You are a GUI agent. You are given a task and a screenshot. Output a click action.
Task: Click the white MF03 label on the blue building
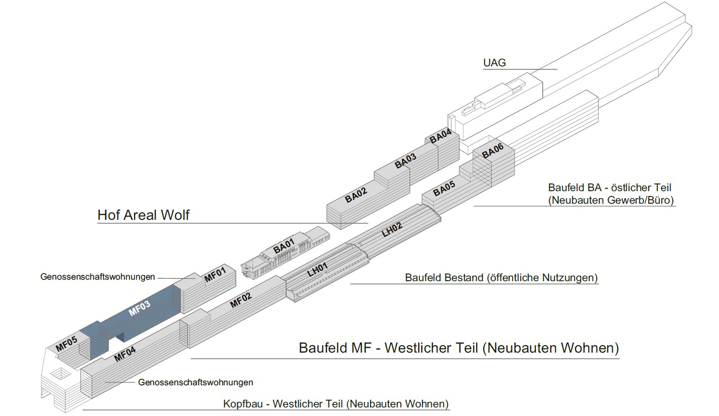(140, 308)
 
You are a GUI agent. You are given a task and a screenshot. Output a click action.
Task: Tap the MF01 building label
(215, 275)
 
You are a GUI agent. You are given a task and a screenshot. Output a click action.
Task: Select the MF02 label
(241, 300)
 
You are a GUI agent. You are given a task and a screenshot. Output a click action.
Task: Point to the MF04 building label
(125, 354)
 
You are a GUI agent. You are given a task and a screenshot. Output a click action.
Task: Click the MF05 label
(67, 344)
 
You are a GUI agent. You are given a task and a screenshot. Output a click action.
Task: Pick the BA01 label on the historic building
(284, 246)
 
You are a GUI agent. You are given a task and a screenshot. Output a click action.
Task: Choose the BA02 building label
(356, 195)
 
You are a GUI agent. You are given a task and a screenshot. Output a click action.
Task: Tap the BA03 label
(406, 160)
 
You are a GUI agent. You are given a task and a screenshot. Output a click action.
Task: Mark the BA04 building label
(440, 136)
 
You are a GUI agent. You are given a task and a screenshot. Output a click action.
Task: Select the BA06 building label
(492, 151)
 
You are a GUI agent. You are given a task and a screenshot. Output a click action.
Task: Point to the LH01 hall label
(317, 270)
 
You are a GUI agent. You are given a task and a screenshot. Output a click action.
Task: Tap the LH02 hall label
(392, 230)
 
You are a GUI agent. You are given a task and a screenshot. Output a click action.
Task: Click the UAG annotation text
(494, 63)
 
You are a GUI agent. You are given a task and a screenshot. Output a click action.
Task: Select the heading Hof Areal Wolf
(144, 215)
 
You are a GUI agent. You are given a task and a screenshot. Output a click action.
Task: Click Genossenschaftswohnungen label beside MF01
(98, 277)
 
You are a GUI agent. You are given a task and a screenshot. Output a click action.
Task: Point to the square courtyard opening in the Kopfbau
(60, 373)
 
